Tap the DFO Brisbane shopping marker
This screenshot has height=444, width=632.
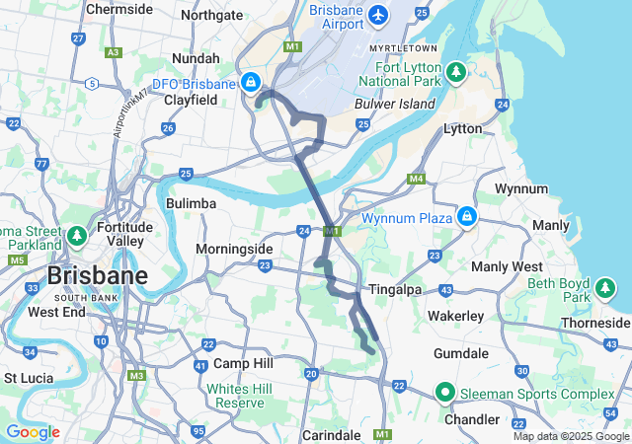pyautogui.click(x=252, y=81)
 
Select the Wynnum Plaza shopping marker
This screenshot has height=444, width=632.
pyautogui.click(x=466, y=217)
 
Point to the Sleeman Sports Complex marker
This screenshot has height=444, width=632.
pyautogui.click(x=445, y=394)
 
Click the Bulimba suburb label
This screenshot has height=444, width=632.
pyautogui.click(x=191, y=203)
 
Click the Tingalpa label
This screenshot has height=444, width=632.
pyautogui.click(x=395, y=290)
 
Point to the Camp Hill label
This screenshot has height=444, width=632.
pyautogui.click(x=240, y=363)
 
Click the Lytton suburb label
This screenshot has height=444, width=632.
pyautogui.click(x=463, y=128)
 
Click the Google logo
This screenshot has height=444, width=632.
pyautogui.click(x=34, y=432)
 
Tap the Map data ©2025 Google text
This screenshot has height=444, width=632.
pyautogui.click(x=570, y=437)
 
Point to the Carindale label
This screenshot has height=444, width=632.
pyautogui.click(x=331, y=434)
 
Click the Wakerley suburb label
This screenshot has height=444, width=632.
pyautogui.click(x=455, y=316)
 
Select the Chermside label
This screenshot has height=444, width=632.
pyautogui.click(x=119, y=9)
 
